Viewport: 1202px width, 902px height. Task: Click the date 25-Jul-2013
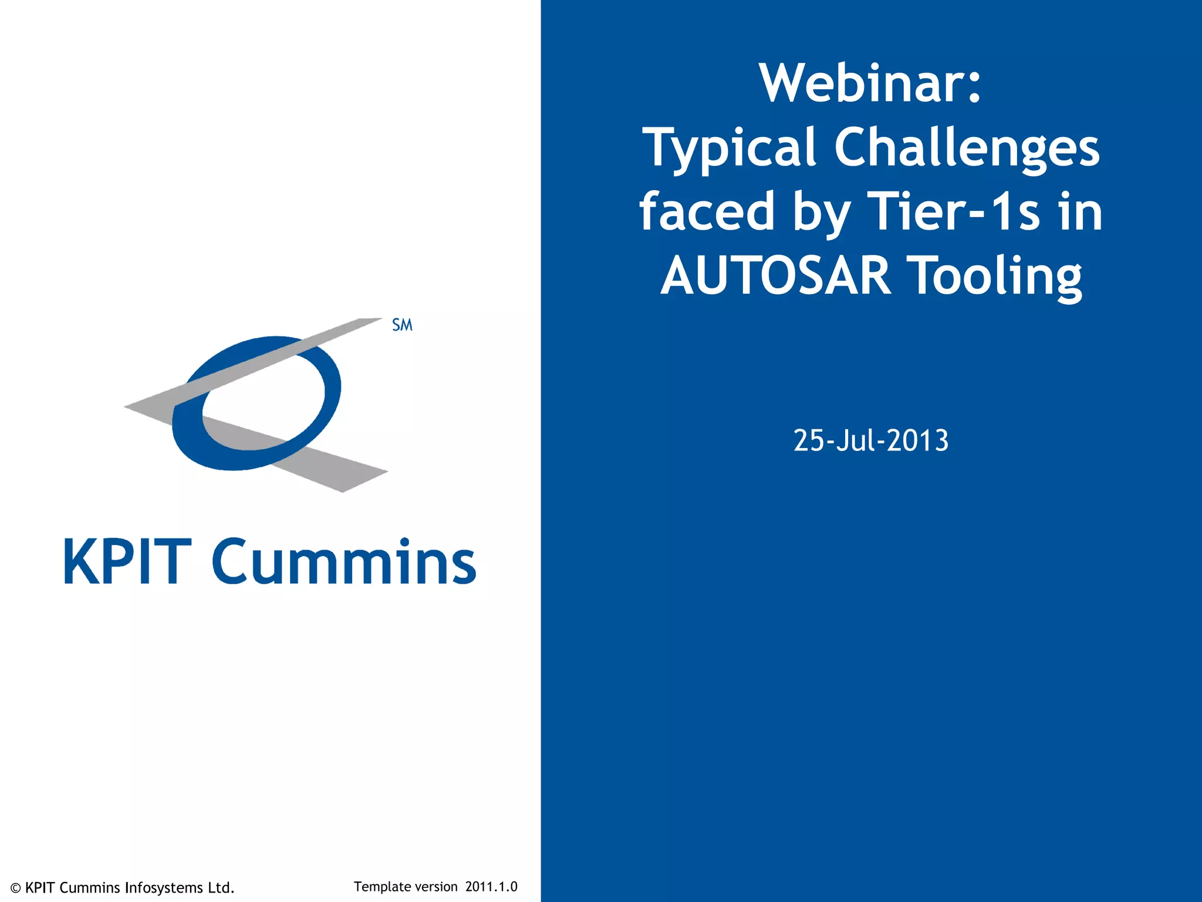[x=870, y=440]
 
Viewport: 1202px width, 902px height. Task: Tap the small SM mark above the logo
[x=402, y=325]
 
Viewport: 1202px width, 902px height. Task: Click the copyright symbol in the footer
[x=16, y=888]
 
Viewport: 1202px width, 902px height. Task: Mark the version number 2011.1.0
[x=491, y=887]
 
